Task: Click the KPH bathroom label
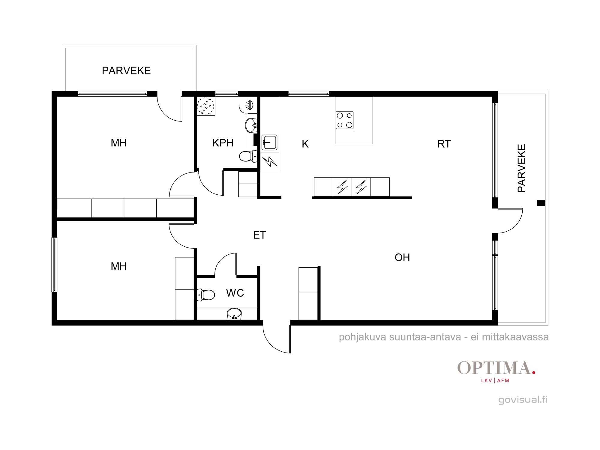(223, 143)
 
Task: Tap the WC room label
(235, 293)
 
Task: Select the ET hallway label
(259, 235)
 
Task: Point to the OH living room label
(402, 257)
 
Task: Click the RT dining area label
(444, 144)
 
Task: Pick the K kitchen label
(305, 144)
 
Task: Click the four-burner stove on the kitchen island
(345, 120)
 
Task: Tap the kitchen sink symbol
(269, 142)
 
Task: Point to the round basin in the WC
(234, 314)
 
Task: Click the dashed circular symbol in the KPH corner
(206, 106)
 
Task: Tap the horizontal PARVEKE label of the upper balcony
(126, 71)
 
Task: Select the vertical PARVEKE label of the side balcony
(522, 168)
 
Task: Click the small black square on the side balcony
(541, 203)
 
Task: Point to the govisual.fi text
(523, 400)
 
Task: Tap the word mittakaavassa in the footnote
(515, 337)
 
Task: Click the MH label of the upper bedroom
(118, 143)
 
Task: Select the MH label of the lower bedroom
(118, 266)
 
